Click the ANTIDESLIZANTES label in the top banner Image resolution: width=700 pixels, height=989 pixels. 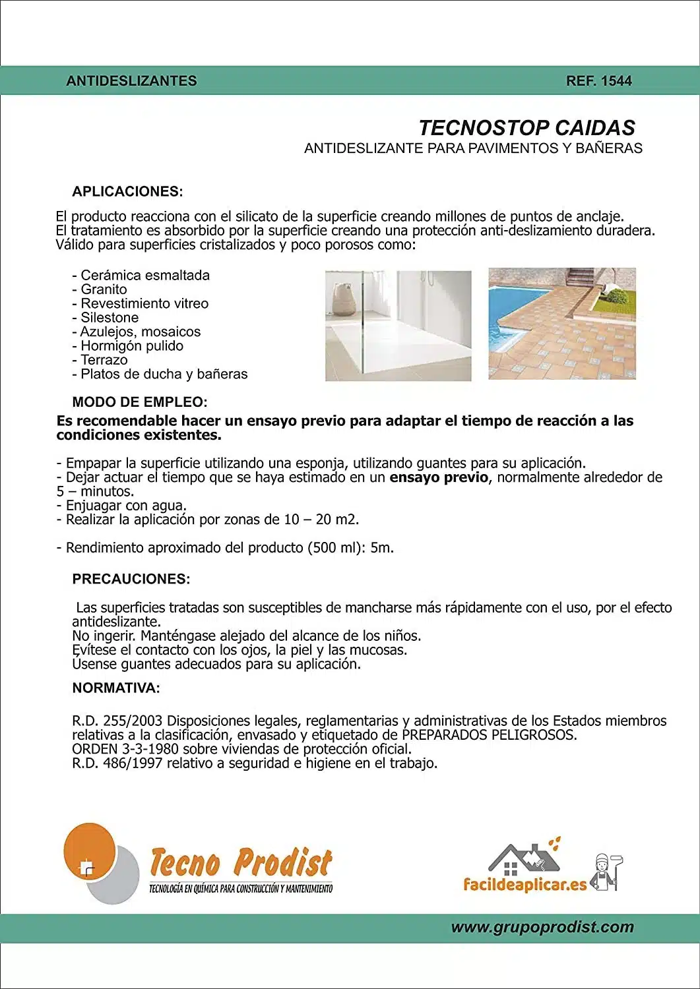click(x=131, y=81)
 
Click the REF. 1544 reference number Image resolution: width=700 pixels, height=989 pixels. click(x=598, y=81)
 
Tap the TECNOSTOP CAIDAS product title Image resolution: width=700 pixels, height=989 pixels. click(x=526, y=128)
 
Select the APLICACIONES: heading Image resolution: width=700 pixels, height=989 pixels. click(x=127, y=192)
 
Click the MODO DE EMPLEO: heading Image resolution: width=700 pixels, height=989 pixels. click(x=139, y=402)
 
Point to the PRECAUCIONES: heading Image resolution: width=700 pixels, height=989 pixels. click(x=131, y=580)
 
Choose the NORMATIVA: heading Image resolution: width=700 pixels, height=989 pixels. click(x=115, y=688)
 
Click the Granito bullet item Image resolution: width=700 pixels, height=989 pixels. click(x=103, y=289)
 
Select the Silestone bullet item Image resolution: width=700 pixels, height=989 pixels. click(x=109, y=318)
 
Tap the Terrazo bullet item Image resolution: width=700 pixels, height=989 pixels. click(x=104, y=360)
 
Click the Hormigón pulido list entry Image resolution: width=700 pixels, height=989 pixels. click(x=131, y=346)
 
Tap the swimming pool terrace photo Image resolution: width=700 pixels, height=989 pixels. click(x=562, y=324)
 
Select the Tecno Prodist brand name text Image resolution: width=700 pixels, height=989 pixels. click(x=241, y=862)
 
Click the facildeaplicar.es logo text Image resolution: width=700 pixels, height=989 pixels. click(x=525, y=885)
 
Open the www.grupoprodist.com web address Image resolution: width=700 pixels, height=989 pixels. click(x=542, y=927)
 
